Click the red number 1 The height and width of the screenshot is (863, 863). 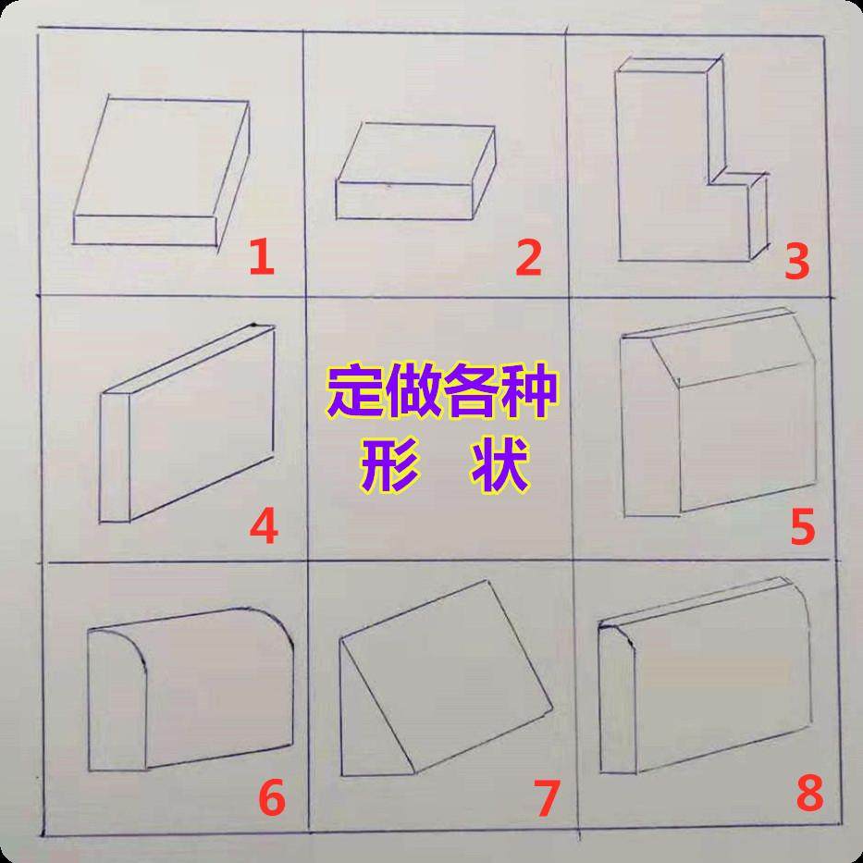pos(263,259)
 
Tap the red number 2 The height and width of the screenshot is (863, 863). pos(527,259)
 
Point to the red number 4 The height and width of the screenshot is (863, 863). pos(264,527)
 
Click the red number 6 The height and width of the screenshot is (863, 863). pos(270,798)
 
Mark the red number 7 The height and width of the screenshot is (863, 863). pos(547,798)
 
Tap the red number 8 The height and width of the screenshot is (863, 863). pos(808,794)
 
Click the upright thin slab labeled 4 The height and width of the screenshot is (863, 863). pos(190,425)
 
